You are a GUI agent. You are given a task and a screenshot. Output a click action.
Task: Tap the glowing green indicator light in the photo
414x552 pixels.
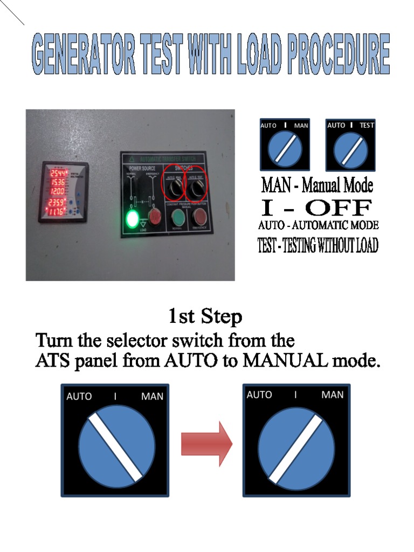click(x=132, y=218)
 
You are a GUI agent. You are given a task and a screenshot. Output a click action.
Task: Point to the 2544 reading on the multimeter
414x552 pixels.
click(x=58, y=174)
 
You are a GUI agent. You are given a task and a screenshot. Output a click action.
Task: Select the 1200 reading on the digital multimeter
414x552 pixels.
click(x=58, y=191)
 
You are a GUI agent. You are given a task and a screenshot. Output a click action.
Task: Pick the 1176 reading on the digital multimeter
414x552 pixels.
click(x=57, y=212)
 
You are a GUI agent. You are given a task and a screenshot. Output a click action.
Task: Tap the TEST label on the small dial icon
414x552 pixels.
click(x=367, y=126)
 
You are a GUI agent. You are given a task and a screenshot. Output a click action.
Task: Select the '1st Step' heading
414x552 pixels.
click(x=205, y=316)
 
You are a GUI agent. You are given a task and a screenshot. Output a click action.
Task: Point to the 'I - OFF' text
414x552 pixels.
click(x=316, y=208)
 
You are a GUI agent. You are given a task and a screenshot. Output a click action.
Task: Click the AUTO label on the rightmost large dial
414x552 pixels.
click(x=259, y=395)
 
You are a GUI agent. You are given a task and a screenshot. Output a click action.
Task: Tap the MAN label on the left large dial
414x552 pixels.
click(x=152, y=396)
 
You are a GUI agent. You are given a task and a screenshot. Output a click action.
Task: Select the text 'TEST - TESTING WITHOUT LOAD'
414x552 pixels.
click(x=318, y=246)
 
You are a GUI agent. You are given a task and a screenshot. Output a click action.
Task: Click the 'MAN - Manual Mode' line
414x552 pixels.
click(x=317, y=186)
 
